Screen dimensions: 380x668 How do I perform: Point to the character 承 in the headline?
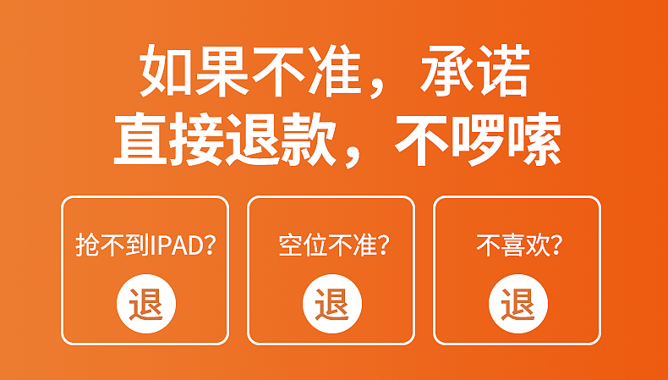pos(448,74)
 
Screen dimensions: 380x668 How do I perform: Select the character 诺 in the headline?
pos(505,74)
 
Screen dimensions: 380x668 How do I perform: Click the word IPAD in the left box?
pos(176,246)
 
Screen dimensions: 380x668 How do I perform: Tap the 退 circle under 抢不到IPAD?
pos(145,302)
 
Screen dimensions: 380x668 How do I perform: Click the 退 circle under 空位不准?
pos(331,302)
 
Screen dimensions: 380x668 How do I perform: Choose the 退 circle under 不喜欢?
pos(517,302)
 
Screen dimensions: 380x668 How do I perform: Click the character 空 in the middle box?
pos(289,246)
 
